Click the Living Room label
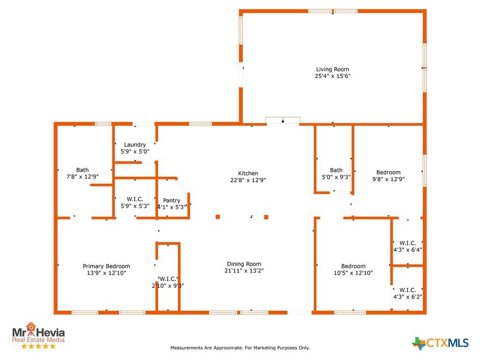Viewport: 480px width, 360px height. coord(332,69)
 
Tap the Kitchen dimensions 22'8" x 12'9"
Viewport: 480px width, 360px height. coord(248,180)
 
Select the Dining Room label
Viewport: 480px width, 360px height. coord(244,264)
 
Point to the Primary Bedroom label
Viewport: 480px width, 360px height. coord(106,266)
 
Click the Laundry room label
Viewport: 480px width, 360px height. coord(135,145)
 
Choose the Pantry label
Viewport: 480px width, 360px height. coord(172,201)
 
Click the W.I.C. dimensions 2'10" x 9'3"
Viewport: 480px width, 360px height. coord(168,285)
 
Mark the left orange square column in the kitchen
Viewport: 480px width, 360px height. coord(217,217)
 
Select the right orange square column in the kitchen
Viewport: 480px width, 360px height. coord(266,217)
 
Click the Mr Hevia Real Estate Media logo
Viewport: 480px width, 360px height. coord(38,335)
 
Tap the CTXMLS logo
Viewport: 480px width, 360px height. coord(440,343)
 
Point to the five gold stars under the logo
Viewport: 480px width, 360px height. coord(38,346)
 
